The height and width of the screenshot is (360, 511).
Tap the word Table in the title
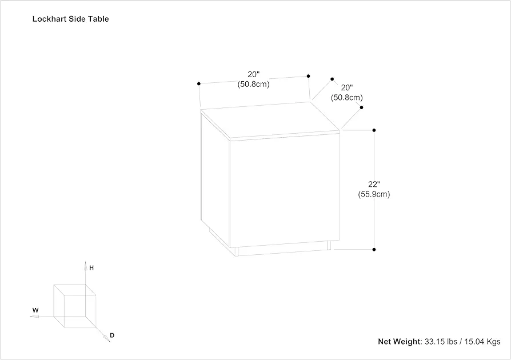[101, 19]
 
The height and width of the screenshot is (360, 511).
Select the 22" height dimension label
[374, 184]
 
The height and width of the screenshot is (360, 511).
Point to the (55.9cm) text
[374, 194]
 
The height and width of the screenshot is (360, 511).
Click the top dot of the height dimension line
[374, 130]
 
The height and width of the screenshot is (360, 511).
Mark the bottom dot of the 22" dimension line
[374, 250]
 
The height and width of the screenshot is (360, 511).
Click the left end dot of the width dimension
[199, 84]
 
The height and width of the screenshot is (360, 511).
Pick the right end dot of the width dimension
[308, 76]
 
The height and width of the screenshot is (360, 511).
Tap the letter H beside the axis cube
[91, 268]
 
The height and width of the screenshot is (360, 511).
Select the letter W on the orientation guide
[35, 310]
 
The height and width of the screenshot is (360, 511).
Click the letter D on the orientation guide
[112, 335]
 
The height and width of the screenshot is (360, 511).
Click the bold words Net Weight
[400, 342]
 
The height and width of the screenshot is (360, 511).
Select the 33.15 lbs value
[441, 342]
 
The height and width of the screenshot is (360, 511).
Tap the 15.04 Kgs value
[482, 342]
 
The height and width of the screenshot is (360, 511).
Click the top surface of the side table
[270, 119]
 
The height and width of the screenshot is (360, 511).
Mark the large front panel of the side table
[285, 190]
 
